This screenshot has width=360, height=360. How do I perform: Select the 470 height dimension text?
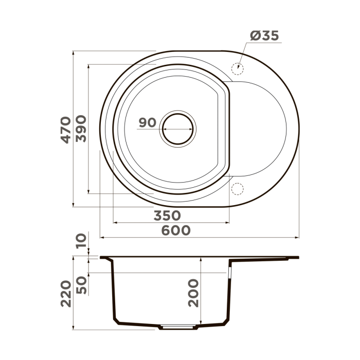[65, 130]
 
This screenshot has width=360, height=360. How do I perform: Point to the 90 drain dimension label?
[147, 123]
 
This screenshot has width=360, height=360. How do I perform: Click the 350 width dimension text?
[167, 215]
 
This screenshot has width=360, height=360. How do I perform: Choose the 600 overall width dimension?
[175, 230]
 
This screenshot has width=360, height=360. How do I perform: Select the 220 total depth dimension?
[65, 294]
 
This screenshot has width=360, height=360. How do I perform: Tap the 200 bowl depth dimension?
[193, 293]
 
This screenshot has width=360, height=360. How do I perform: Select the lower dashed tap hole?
[237, 189]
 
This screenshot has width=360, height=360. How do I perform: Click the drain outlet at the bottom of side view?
[178, 327]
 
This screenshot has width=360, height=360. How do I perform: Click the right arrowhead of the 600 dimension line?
[297, 238]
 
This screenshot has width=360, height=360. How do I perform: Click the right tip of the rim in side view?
[298, 257]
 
